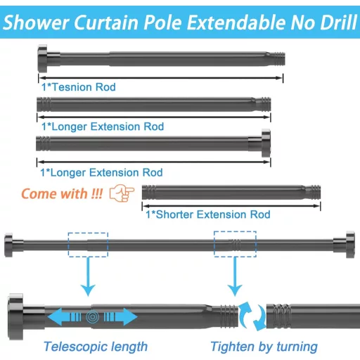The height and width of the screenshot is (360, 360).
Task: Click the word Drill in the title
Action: click(338, 22)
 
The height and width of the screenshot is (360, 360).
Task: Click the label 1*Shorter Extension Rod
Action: click(208, 214)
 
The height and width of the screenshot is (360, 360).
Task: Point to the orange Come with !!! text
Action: click(62, 194)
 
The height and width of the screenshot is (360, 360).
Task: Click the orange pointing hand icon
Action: click(122, 193)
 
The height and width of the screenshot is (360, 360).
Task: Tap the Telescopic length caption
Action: click(96, 347)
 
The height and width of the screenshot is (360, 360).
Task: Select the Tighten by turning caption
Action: click(264, 347)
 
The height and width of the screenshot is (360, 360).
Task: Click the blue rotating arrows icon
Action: click(252, 316)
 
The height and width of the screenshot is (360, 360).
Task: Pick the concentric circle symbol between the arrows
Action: click(93, 317)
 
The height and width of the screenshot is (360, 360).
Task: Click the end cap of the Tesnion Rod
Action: click(42, 58)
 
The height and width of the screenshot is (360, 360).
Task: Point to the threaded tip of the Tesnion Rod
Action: click(278, 59)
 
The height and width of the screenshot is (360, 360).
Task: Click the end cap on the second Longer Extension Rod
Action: click(266, 143)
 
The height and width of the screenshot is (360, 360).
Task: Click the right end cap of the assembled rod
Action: click(350, 245)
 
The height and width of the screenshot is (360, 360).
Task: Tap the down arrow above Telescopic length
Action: click(88, 276)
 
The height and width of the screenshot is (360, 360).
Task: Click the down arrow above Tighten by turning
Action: click(235, 276)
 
